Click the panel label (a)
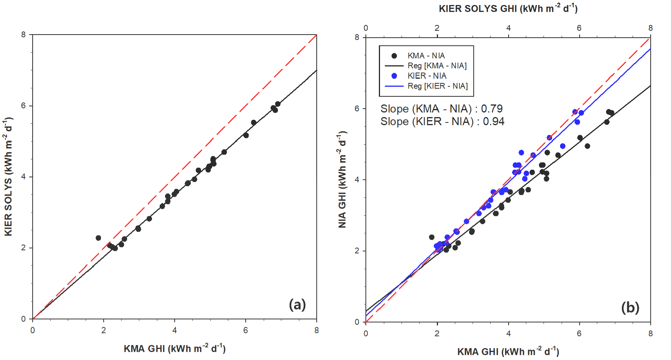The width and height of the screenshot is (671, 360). (x=297, y=305)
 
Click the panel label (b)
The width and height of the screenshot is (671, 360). (x=630, y=307)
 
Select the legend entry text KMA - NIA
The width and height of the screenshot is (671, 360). (x=426, y=56)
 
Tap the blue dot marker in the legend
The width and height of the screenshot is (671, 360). (x=394, y=76)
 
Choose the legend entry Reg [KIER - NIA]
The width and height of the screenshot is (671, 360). (x=438, y=86)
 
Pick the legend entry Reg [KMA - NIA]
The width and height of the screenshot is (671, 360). (x=437, y=66)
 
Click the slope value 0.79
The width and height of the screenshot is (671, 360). (x=492, y=109)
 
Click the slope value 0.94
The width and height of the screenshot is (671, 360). (x=494, y=121)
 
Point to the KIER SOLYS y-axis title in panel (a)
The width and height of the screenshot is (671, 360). (x=8, y=177)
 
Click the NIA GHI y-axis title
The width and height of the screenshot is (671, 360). (x=342, y=180)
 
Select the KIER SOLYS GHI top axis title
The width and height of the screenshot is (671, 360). (x=508, y=8)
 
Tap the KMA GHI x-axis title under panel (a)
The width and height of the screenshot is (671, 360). (x=174, y=348)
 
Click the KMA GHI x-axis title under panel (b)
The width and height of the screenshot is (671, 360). (x=508, y=351)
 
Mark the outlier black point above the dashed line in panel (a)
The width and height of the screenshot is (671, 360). (x=98, y=238)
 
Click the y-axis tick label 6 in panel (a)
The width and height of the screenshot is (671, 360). (x=24, y=106)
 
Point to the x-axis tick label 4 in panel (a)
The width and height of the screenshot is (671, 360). (x=175, y=330)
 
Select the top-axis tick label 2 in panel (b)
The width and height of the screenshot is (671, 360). (x=437, y=28)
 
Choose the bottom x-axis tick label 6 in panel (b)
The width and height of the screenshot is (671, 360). (x=579, y=334)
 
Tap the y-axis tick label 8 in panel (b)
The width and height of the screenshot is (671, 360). (x=357, y=37)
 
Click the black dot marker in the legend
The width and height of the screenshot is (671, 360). (x=394, y=56)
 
